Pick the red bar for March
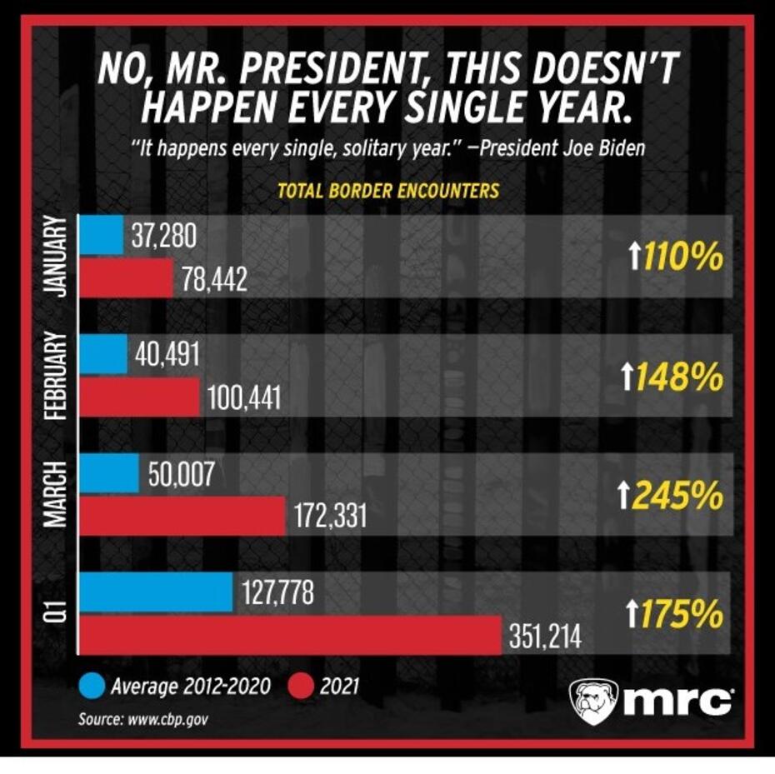coord(182,517)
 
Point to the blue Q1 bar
coord(156,592)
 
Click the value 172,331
coord(330,518)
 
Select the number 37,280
coord(164,237)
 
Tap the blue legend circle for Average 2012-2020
coord(92,687)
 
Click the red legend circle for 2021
coord(301,687)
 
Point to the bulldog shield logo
coord(593,701)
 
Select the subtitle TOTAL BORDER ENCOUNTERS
coord(388,191)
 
